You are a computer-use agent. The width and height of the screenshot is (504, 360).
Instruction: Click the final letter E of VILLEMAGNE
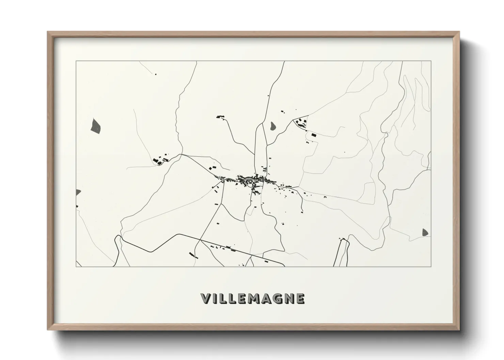pyautogui.click(x=300, y=298)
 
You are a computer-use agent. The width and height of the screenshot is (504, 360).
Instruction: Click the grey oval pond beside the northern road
pyautogui.click(x=273, y=126)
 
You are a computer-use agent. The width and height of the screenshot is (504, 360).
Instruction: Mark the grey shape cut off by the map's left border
pyautogui.click(x=78, y=192)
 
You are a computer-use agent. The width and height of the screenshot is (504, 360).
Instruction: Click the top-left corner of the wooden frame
pyautogui.click(x=48, y=32)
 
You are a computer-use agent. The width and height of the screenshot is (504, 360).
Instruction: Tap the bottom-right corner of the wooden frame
pyautogui.click(x=459, y=330)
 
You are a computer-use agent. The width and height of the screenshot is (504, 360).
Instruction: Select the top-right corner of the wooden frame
pyautogui.click(x=459, y=32)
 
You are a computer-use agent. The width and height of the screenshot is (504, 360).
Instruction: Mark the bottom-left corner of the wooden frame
pyautogui.click(x=48, y=330)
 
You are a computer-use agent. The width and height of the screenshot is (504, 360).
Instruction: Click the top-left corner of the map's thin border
pyautogui.click(x=76, y=61)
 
